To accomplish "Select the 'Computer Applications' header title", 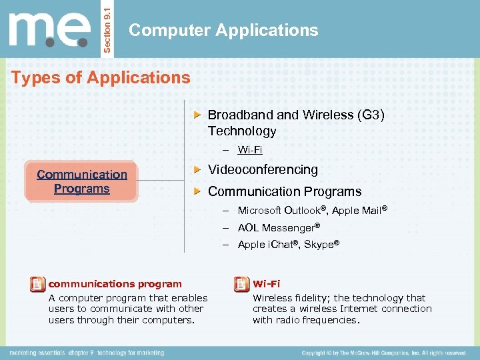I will tap(223, 30).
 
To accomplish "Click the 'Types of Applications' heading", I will tap(101, 77).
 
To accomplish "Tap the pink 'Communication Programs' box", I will tap(81, 181).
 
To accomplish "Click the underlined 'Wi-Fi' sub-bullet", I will tap(250, 151).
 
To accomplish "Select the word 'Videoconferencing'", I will tap(263, 170).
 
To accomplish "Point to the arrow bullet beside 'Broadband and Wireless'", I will tap(197, 115).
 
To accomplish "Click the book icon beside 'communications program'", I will tap(38, 285).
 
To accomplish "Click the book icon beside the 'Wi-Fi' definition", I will tap(241, 285).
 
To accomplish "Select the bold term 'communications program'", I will tap(115, 284).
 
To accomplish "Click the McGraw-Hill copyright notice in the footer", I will tap(383, 352).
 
